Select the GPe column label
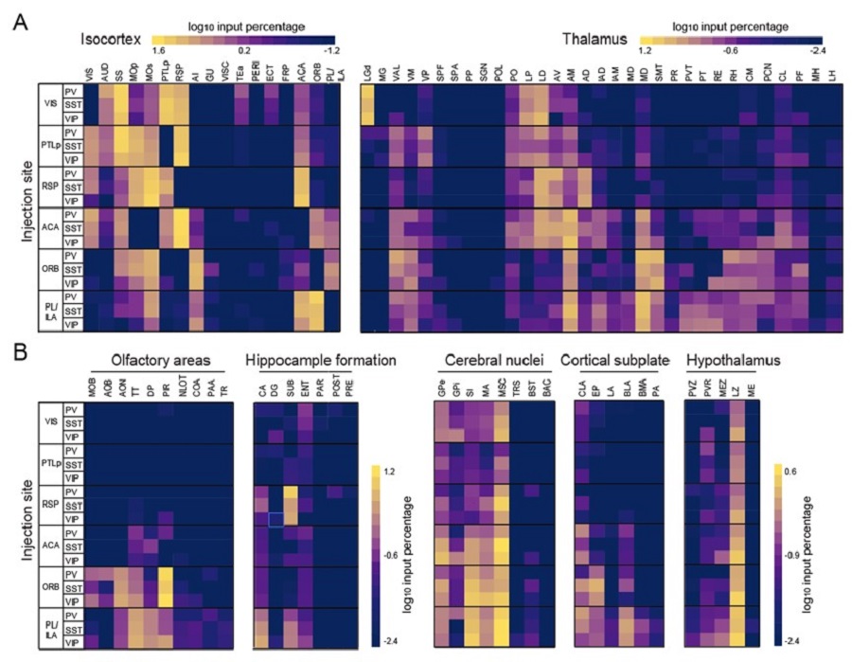click(x=442, y=389)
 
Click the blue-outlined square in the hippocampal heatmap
click(x=275, y=518)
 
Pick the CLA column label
click(x=581, y=389)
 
